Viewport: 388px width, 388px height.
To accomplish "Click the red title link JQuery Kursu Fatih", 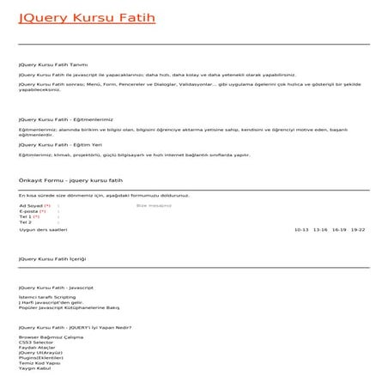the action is (x=87, y=16).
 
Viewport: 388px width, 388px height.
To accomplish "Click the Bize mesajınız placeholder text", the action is (x=154, y=206).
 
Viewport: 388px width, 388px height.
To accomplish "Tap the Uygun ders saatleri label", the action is (x=43, y=230).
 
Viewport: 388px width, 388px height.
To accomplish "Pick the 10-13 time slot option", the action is (x=301, y=230).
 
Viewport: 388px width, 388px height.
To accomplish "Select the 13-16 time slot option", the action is (x=320, y=230).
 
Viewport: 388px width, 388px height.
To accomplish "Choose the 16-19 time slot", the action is (x=339, y=230).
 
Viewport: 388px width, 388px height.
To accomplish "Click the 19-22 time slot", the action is (x=358, y=230).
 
